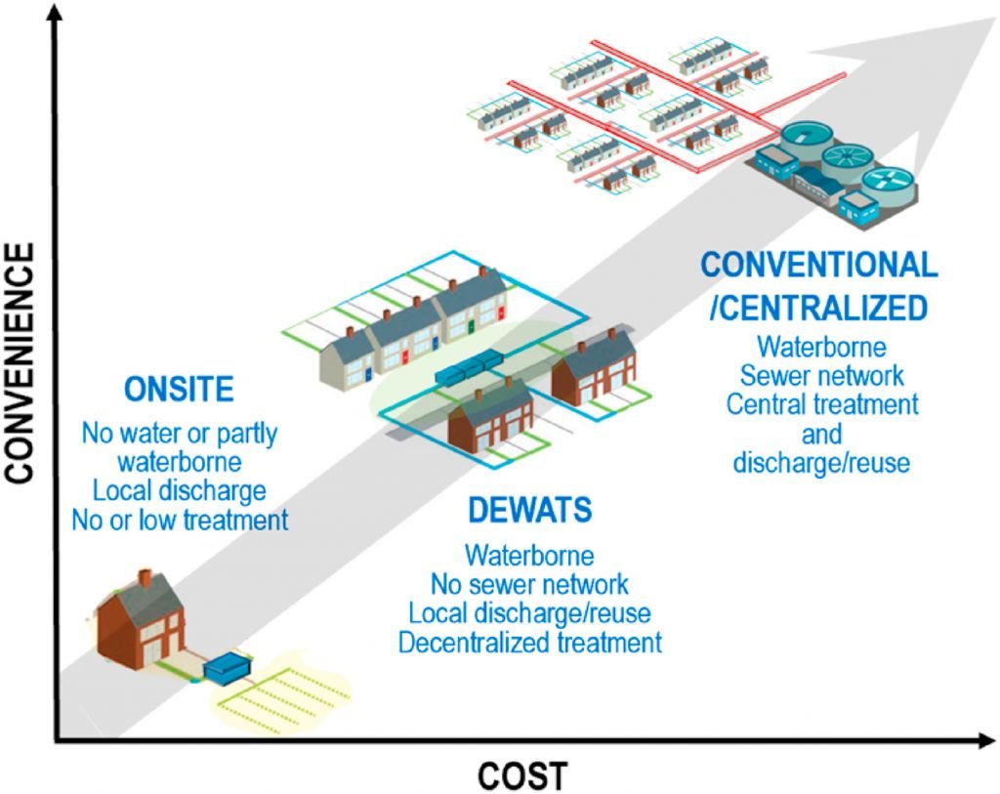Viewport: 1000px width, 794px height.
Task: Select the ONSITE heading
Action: coord(179,390)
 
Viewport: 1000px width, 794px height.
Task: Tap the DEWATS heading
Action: coord(529,511)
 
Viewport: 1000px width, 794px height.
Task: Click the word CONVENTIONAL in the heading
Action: coord(819,264)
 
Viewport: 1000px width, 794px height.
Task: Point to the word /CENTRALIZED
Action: coord(818,309)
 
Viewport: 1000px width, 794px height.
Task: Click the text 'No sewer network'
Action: coord(529,585)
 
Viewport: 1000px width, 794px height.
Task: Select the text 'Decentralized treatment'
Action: coord(529,643)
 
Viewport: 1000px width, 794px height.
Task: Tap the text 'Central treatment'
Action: coord(821,402)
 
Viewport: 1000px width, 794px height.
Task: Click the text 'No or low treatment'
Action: coord(180,519)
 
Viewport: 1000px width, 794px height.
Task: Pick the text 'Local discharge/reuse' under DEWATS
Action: coord(529,614)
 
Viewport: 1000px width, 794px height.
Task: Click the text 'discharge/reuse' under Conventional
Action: coord(821,461)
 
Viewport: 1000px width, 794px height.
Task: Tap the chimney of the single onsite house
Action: coord(145,578)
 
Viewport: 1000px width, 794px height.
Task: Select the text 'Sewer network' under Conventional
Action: coord(821,374)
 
